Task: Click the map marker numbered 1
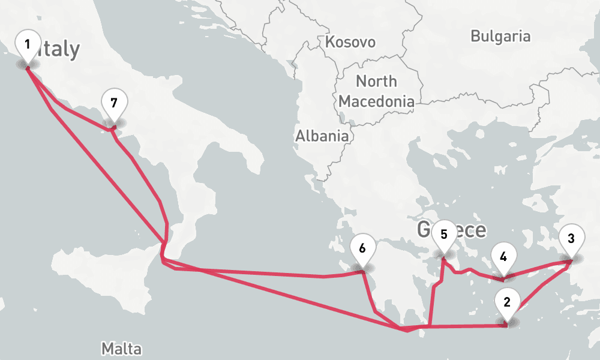27,45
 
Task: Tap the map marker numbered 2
507,302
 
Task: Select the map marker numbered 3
571,239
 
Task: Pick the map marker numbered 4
503,257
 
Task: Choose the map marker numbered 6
362,248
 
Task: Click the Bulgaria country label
500,36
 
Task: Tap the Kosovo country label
350,42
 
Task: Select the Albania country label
322,136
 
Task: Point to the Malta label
121,348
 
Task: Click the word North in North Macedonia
376,81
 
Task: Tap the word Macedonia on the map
376,101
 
